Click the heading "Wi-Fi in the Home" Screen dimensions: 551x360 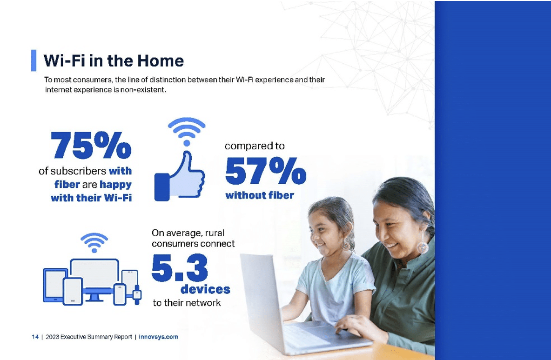114,61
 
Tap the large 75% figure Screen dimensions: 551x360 91,145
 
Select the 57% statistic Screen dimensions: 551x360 266,170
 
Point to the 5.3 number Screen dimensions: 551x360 180,268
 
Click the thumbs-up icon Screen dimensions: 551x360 180,177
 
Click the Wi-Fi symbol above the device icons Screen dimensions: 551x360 94,242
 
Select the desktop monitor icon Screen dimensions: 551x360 94,278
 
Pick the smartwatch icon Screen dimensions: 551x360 137,294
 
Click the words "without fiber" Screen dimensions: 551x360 260,195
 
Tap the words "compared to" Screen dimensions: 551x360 255,146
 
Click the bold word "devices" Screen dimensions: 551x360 205,289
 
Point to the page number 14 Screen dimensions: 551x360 35,337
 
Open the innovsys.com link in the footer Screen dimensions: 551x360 159,337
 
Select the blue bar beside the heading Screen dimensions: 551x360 34,60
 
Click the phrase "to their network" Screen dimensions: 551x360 187,303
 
